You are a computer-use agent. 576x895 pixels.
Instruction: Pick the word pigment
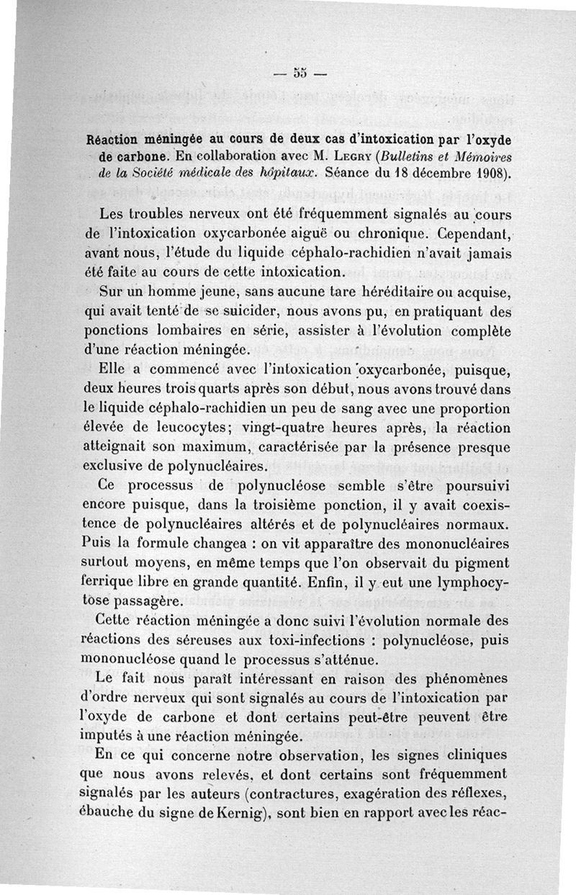click(484, 561)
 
